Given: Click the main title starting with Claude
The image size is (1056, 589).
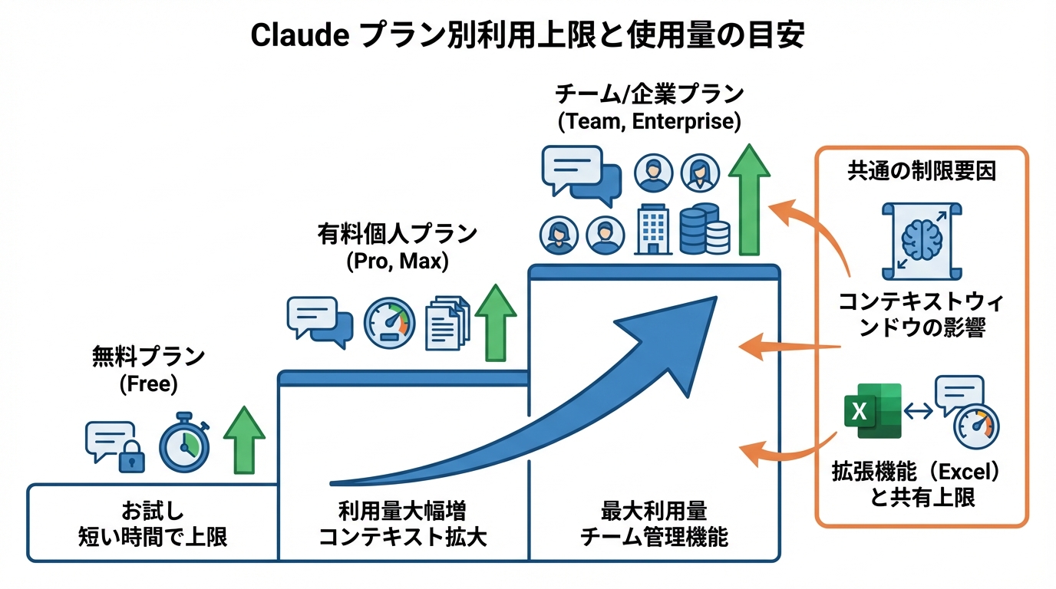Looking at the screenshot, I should pos(528,35).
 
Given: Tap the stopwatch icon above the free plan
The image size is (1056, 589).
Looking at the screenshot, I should pos(184,445).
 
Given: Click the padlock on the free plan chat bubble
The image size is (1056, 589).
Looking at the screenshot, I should pos(131,458).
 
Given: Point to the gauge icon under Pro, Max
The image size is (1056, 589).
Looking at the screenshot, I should pos(389,323).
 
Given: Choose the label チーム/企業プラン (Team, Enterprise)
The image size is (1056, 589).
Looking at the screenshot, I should pos(649,107).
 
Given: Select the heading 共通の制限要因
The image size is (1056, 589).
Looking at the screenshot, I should pos(921,171).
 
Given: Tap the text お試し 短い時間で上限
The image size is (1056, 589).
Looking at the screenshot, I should pos(153,524).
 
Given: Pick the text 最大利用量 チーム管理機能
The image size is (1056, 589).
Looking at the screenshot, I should pos(654,524).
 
